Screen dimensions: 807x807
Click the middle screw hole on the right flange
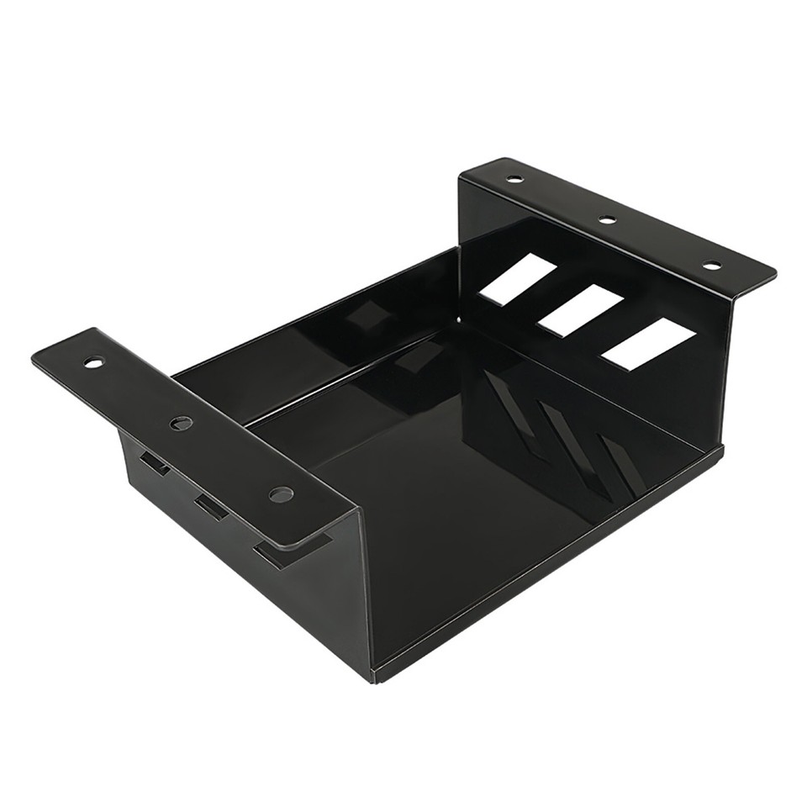(x=607, y=219)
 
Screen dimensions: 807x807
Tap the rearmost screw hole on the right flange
(x=514, y=179)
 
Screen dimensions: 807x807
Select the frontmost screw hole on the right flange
(x=711, y=266)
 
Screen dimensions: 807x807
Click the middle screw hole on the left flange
(x=182, y=423)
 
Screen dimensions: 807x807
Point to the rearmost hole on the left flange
(x=93, y=362)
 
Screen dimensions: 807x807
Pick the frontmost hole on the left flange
(x=281, y=494)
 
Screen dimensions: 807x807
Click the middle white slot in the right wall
(x=580, y=310)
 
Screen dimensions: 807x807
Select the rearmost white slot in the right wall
(x=518, y=279)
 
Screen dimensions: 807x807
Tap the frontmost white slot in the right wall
(x=648, y=344)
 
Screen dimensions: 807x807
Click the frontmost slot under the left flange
(x=273, y=554)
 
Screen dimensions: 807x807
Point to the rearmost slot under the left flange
(x=155, y=462)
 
